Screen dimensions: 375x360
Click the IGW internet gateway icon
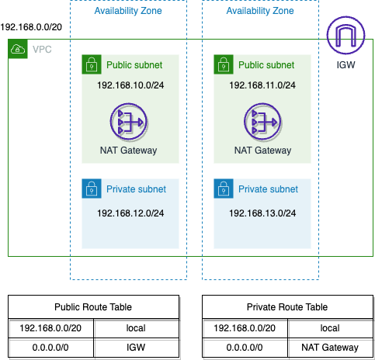pos(345,35)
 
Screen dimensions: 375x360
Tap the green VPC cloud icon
pos(18,49)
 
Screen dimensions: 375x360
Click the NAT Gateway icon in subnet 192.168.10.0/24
pos(129,122)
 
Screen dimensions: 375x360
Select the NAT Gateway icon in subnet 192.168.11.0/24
pos(262,122)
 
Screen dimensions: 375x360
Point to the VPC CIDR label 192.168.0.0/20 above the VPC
pos(31,27)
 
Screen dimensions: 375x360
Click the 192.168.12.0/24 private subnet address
pos(130,213)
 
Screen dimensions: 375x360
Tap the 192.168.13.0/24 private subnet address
pos(262,213)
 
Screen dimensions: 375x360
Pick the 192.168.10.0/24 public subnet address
pos(130,85)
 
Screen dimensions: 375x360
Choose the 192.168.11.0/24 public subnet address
pos(262,85)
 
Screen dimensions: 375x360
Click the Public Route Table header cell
pos(93,307)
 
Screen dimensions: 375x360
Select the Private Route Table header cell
pos(287,307)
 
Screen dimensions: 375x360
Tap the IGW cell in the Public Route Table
pos(136,348)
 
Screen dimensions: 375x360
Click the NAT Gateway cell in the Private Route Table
pos(330,348)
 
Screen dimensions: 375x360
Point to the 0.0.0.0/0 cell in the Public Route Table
pos(50,348)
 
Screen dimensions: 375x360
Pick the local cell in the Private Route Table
pos(330,328)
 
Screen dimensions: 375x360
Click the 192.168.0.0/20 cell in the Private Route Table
pos(245,328)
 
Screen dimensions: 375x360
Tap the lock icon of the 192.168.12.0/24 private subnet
pos(92,189)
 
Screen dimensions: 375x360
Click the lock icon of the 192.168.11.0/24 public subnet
pos(224,64)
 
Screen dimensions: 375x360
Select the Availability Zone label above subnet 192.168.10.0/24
pos(128,11)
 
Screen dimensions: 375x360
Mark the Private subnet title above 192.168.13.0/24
pos(268,189)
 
